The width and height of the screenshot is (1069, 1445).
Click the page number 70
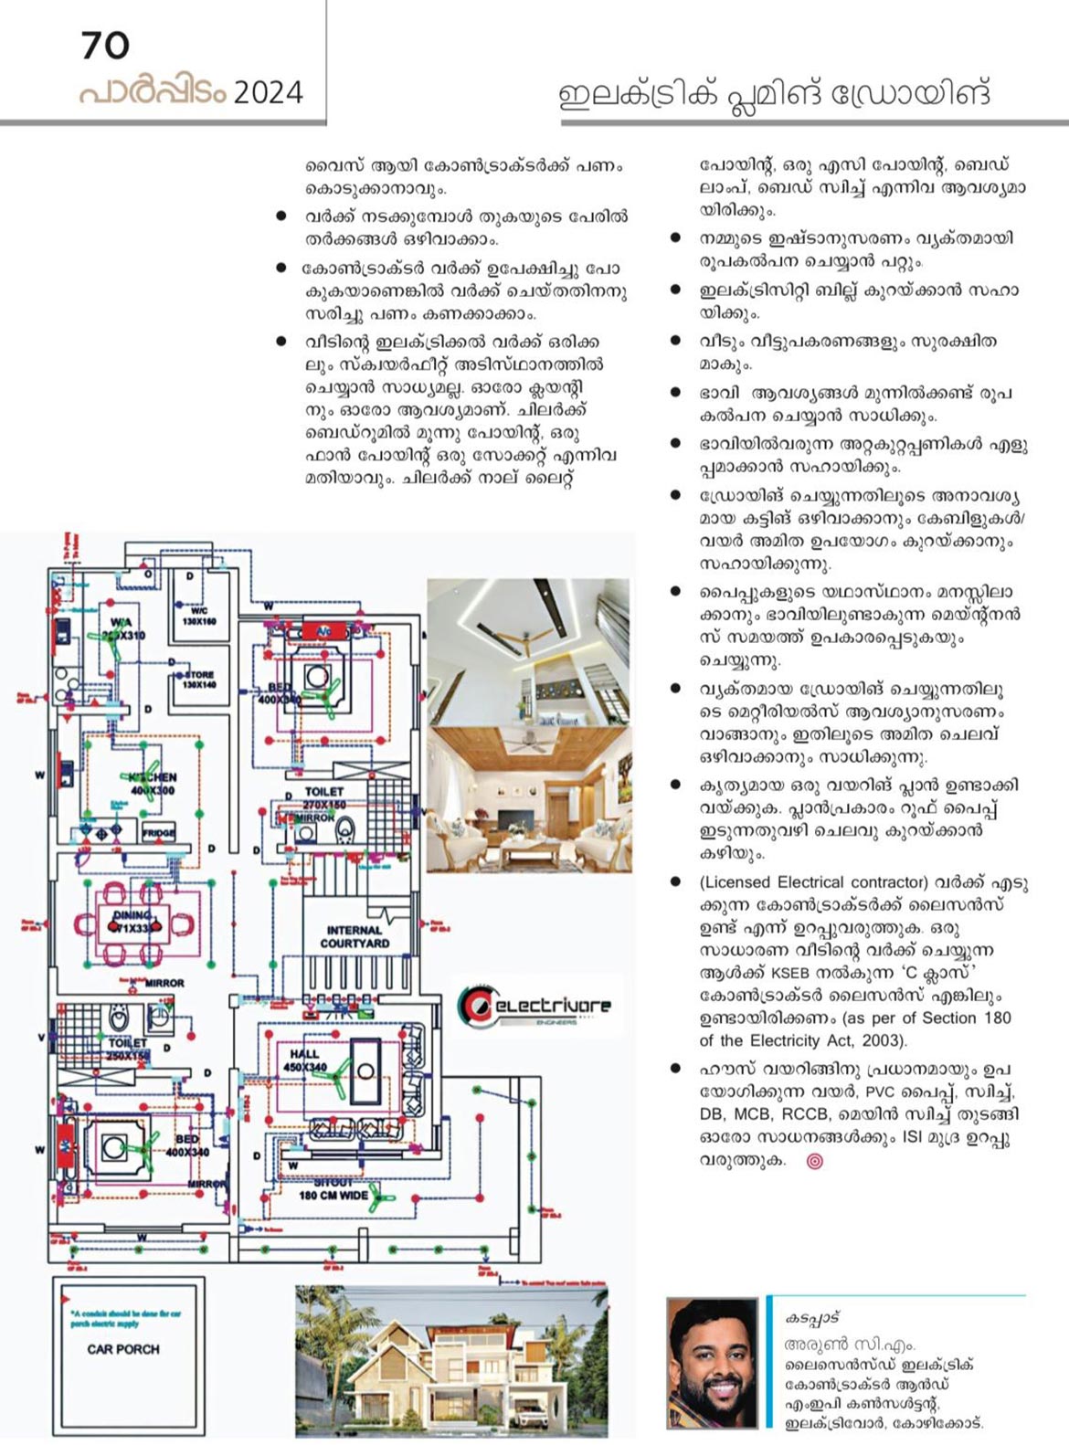(105, 46)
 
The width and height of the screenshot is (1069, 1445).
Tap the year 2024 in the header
(268, 92)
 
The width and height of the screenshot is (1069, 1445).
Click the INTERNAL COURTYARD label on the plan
(355, 936)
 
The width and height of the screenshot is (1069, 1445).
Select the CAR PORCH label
(123, 1348)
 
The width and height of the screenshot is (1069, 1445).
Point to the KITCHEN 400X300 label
(153, 784)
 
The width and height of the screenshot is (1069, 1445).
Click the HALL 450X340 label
(304, 1060)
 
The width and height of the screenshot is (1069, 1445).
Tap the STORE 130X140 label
(198, 680)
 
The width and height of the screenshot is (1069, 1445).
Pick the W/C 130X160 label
(198, 615)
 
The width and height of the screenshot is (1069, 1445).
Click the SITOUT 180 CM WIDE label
(333, 1188)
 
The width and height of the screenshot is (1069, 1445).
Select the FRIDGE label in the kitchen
(158, 833)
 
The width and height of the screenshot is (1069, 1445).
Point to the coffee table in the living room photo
(530, 853)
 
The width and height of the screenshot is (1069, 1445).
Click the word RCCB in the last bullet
(854, 1114)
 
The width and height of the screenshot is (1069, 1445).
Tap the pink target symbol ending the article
(815, 1161)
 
